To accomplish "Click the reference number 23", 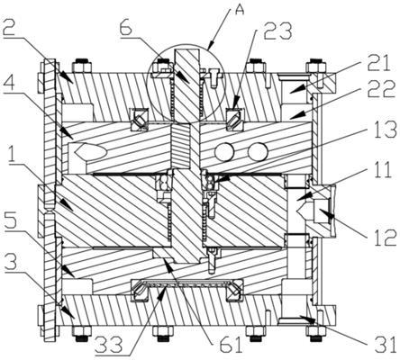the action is pyautogui.click(x=277, y=31).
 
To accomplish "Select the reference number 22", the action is pyautogui.click(x=379, y=89).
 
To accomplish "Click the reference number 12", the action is pyautogui.click(x=381, y=237).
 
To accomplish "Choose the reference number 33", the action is pyautogui.click(x=108, y=344).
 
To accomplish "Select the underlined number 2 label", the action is pyautogui.click(x=11, y=28).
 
